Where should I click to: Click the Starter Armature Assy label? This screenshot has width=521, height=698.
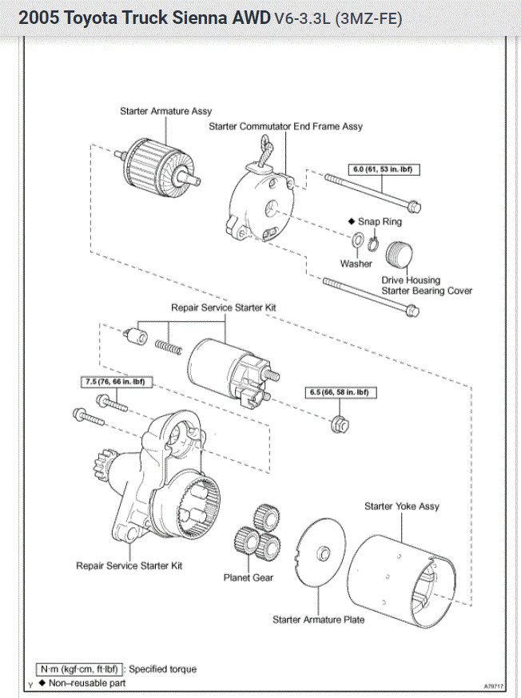[165, 111]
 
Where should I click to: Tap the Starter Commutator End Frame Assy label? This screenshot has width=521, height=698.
[285, 126]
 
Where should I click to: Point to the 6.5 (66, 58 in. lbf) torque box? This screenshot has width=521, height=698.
[339, 392]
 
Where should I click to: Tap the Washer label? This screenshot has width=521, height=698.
[356, 264]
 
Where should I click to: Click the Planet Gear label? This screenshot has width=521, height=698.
[249, 577]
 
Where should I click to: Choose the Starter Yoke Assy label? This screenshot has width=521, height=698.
[402, 506]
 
